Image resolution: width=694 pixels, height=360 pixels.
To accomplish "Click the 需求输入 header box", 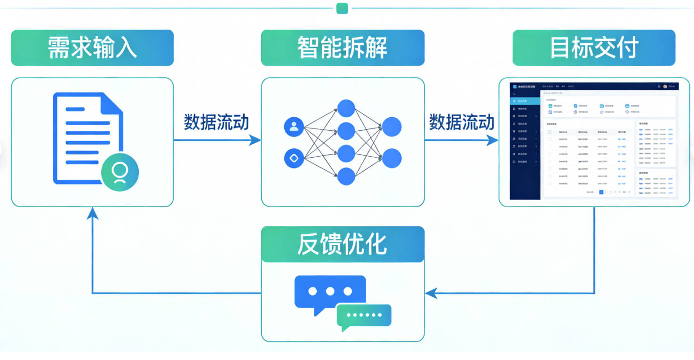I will pos(92,48).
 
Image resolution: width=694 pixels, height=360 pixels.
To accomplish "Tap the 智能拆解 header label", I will pos(343,48).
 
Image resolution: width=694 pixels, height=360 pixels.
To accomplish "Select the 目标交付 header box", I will pos(594,48).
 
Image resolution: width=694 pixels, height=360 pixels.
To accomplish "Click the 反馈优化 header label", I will pos(343,244).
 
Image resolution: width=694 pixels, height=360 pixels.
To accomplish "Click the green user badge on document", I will pos(120,172).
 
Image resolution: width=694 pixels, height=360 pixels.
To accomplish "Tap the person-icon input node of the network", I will pos(294,127).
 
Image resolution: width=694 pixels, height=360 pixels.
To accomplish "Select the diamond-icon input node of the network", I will pos(294,158).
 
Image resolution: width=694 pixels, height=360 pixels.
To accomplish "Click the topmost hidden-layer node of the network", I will pos(346,109).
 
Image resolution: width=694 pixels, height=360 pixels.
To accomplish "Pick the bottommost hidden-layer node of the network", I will pos(346,176).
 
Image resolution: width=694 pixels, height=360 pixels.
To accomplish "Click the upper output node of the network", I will pos(391,127).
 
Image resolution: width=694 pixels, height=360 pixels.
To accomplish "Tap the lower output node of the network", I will pos(391,158).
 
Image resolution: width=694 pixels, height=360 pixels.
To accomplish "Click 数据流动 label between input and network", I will pos(216,122).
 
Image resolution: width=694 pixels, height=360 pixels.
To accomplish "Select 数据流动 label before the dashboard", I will pos(461,122).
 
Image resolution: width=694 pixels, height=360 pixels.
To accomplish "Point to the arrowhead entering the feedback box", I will pos(429,294).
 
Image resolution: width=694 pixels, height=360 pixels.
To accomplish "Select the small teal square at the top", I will pos(342,8).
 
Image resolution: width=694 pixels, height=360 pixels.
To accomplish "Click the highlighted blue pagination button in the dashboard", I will pos(601,192).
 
